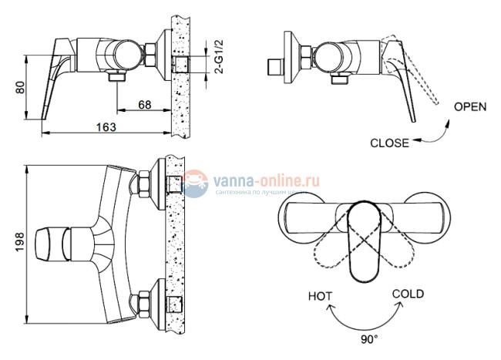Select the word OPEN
click(x=469, y=107)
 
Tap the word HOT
click(x=321, y=296)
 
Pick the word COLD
click(x=408, y=294)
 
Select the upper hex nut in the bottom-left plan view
click(x=143, y=184)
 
